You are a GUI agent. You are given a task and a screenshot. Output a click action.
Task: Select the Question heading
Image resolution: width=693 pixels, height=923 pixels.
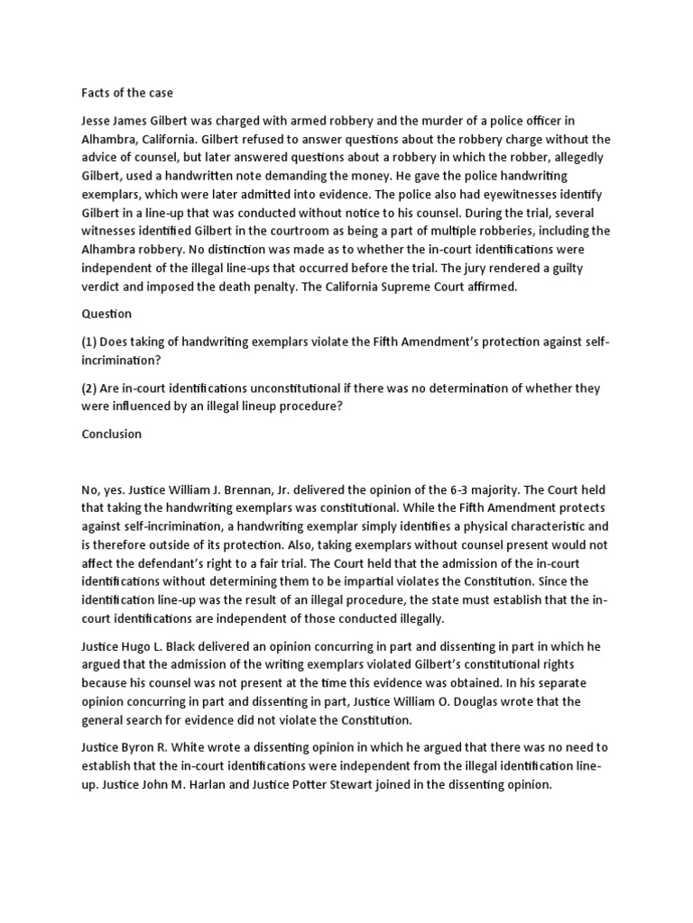[106, 314]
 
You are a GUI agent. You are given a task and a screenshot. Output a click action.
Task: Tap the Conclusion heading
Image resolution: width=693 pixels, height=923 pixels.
[111, 434]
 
